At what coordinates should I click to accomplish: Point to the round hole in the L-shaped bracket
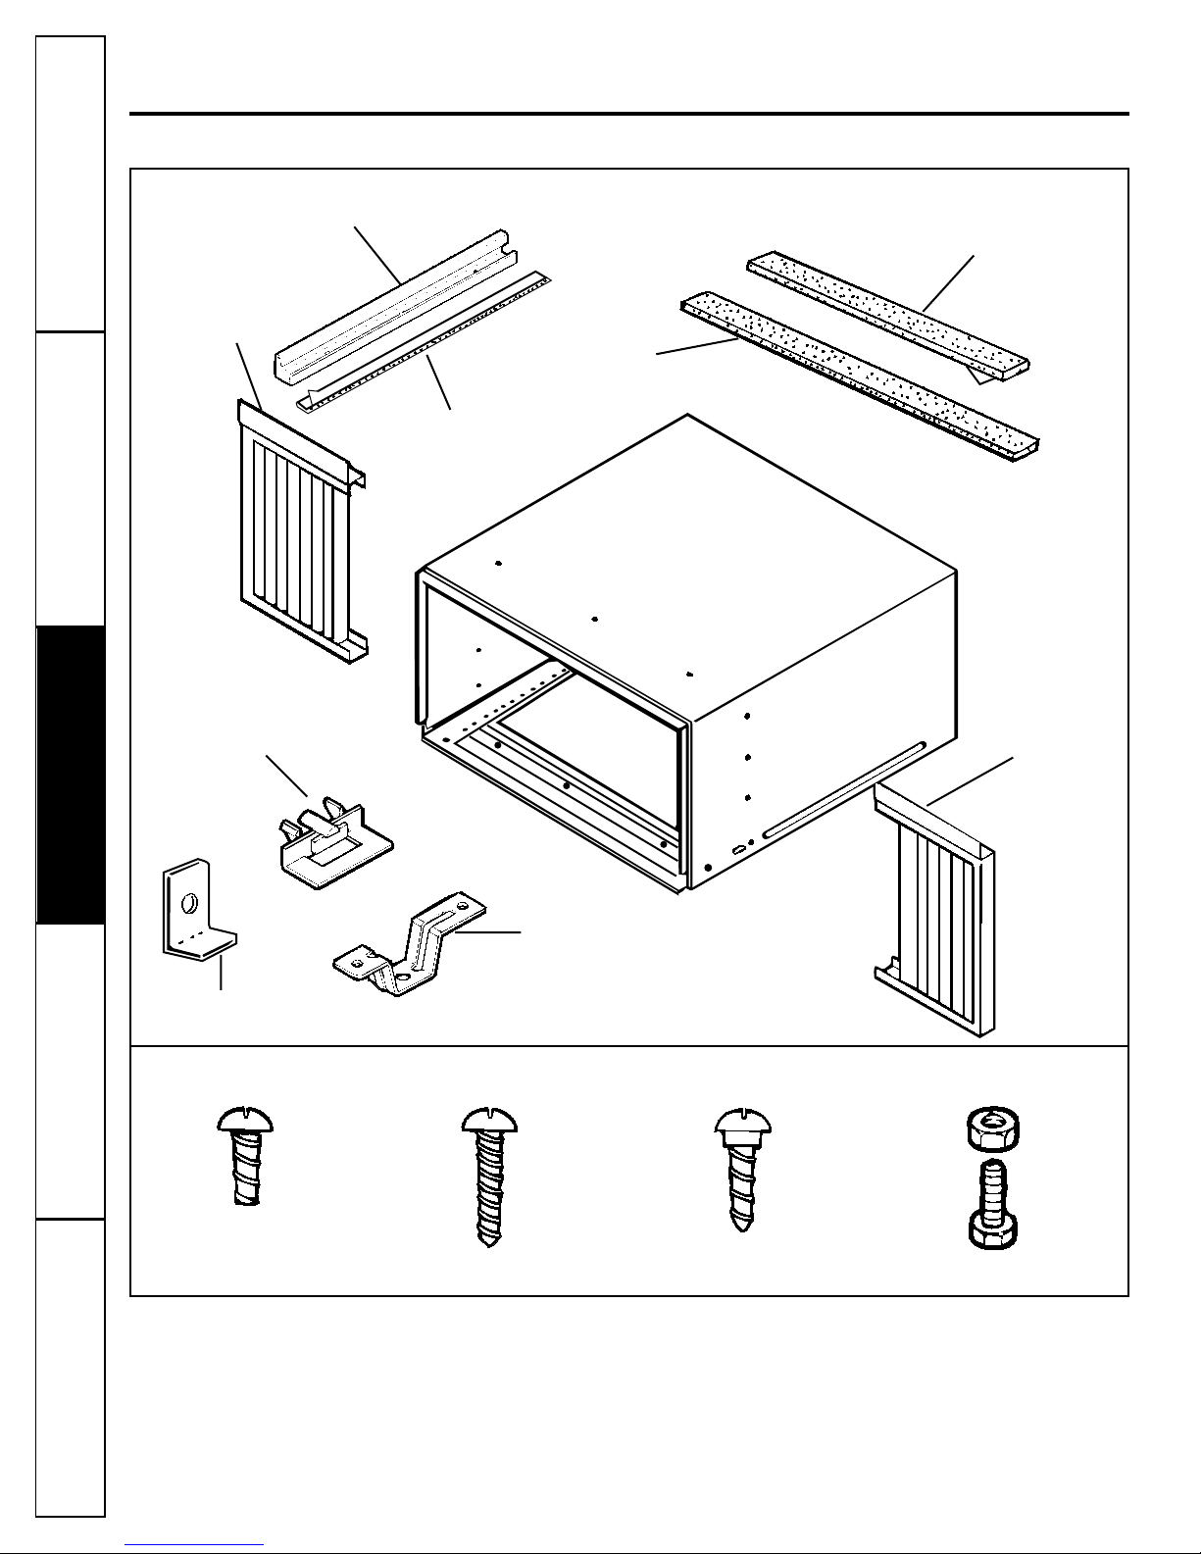click(x=191, y=896)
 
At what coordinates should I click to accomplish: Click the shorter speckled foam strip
click(x=887, y=319)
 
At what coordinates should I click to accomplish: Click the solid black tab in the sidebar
click(x=70, y=775)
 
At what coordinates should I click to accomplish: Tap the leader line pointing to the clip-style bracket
click(x=286, y=776)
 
